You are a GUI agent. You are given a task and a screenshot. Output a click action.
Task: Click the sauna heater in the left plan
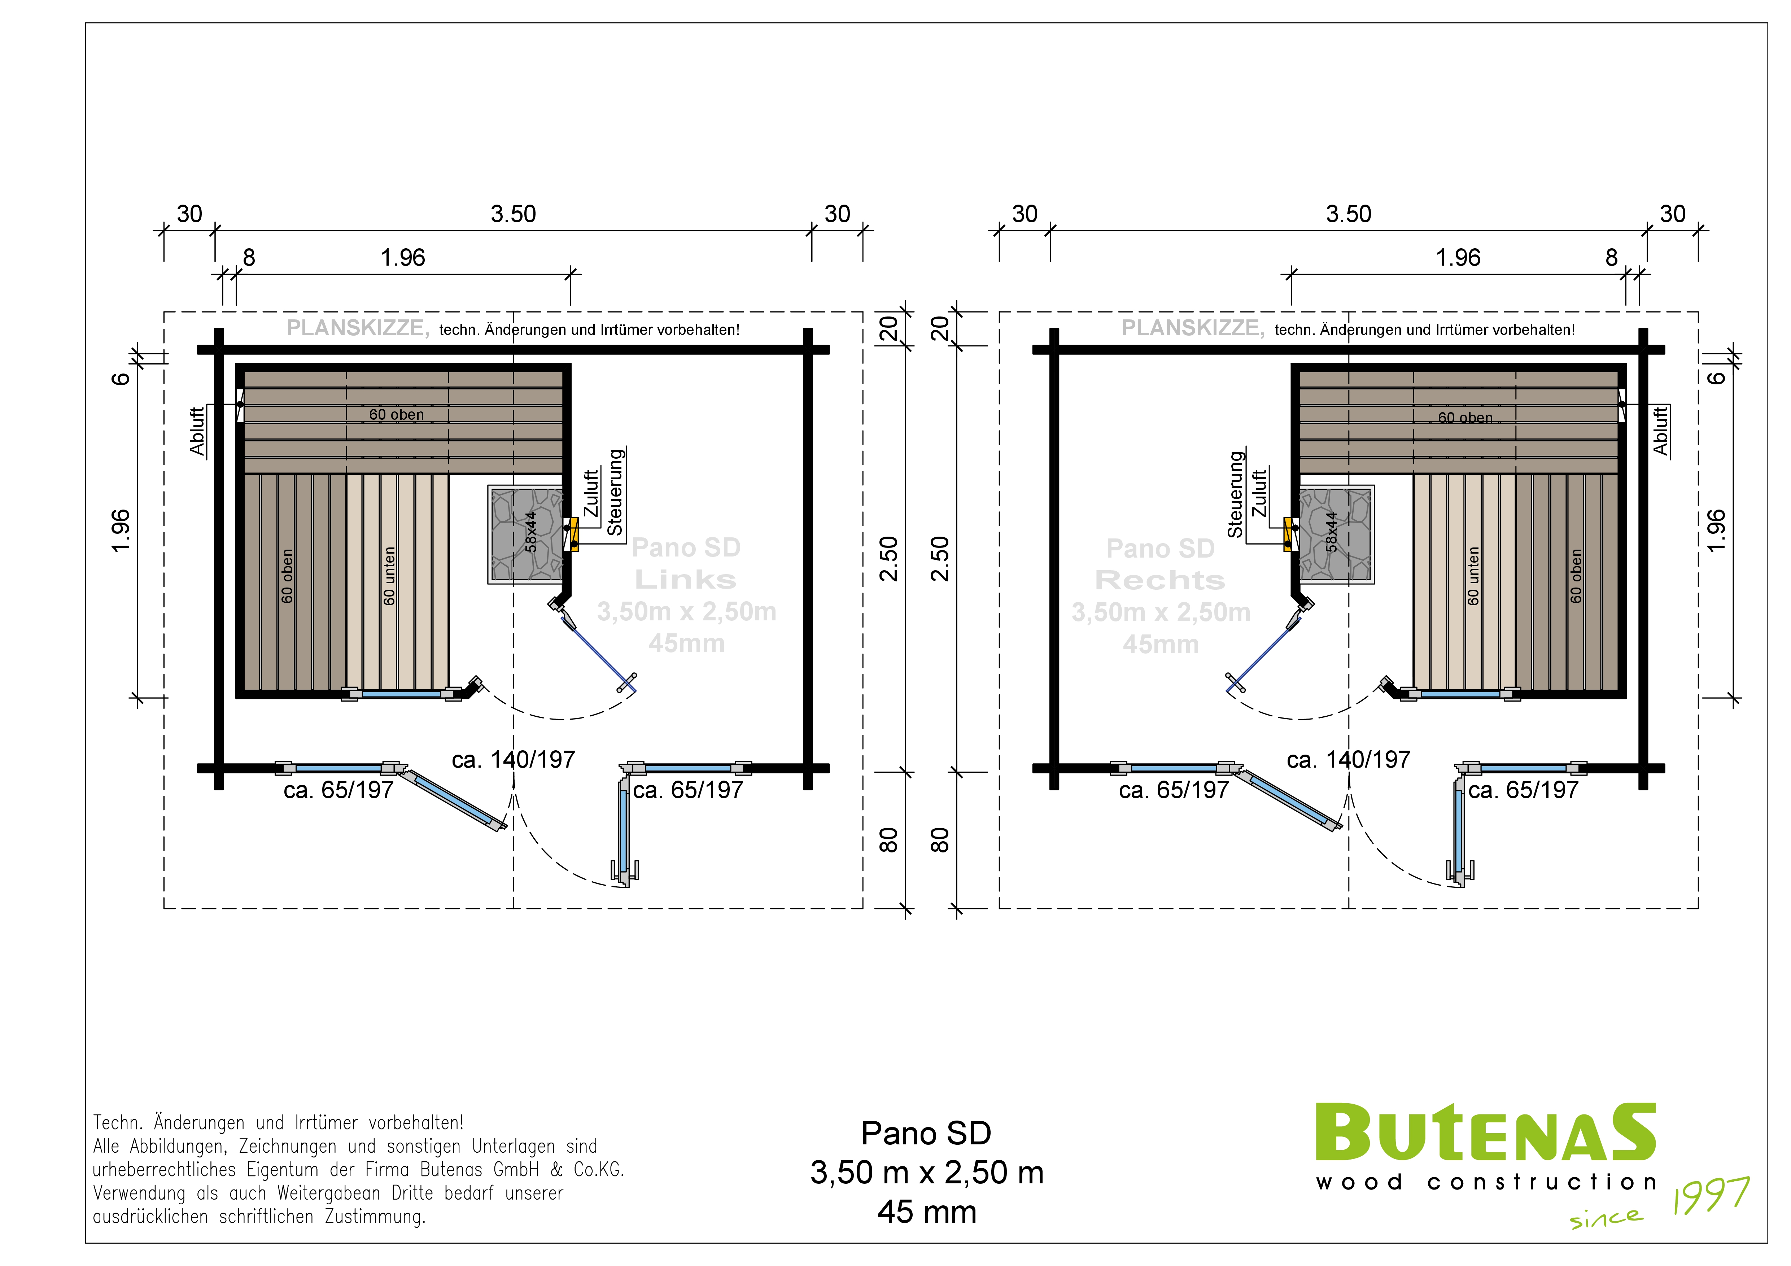click(526, 534)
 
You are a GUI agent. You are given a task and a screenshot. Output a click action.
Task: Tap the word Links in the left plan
click(686, 580)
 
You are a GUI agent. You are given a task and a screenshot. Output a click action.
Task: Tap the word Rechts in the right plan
click(1160, 580)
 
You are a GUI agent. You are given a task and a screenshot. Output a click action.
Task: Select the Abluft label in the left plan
click(197, 431)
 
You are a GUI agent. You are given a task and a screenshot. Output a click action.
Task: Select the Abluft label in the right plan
click(1661, 431)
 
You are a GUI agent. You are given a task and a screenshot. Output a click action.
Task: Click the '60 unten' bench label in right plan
click(1473, 576)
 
